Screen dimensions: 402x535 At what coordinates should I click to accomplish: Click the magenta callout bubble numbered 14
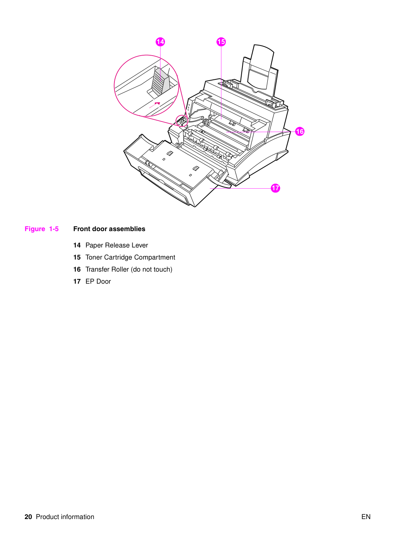tap(160, 42)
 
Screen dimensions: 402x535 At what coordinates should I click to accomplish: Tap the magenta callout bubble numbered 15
tap(221, 42)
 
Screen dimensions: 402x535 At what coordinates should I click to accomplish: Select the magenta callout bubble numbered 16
tap(300, 132)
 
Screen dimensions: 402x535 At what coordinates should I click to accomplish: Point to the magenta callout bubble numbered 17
tap(276, 188)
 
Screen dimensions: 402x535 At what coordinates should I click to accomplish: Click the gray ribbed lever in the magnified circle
tap(160, 82)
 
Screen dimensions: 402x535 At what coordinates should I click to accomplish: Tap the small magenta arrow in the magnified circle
tap(154, 105)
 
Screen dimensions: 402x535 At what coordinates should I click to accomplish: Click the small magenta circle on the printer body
tap(182, 121)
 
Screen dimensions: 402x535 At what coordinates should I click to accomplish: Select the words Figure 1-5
tap(42, 229)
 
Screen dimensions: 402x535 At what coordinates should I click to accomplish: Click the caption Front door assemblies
tap(109, 229)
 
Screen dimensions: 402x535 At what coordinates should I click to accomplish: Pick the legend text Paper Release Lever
tap(116, 245)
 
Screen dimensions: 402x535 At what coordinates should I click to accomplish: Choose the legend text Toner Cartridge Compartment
tap(130, 257)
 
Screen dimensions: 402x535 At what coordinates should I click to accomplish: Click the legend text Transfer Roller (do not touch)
tap(129, 269)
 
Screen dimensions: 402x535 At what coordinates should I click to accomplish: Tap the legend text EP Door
tap(98, 281)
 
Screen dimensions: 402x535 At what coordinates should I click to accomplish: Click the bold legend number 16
tap(77, 269)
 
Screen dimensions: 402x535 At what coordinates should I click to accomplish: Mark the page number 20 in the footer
tap(28, 517)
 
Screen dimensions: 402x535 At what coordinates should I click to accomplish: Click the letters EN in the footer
tap(366, 517)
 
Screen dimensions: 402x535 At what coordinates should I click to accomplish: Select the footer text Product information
tap(65, 517)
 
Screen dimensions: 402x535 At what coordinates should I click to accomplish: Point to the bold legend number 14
tap(77, 245)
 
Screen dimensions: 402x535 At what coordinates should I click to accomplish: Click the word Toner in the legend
tap(94, 257)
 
